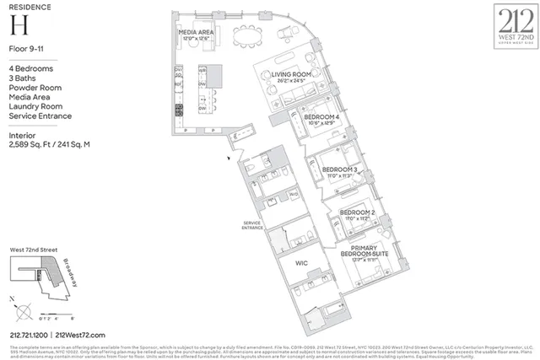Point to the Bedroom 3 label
[340, 169]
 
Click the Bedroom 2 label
[357, 212]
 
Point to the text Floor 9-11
[25, 52]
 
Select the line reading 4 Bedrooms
[30, 67]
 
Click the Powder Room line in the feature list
[35, 87]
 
